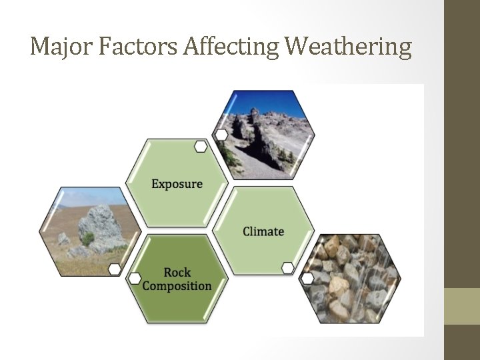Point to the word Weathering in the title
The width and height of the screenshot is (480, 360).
348,47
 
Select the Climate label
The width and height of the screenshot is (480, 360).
263,231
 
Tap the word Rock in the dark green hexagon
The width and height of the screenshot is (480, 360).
177,272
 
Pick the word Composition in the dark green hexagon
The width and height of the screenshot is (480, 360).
177,286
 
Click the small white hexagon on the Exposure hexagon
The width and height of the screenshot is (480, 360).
200,147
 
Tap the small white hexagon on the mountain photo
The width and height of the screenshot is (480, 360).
221,135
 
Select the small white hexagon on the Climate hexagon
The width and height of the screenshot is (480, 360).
287,268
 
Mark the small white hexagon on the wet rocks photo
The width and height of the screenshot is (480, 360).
307,279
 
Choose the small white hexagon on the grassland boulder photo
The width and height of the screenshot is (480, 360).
115,269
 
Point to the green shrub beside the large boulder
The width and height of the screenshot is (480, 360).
87,239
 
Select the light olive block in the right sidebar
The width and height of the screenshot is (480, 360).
461,306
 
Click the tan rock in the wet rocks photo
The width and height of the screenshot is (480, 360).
338,287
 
